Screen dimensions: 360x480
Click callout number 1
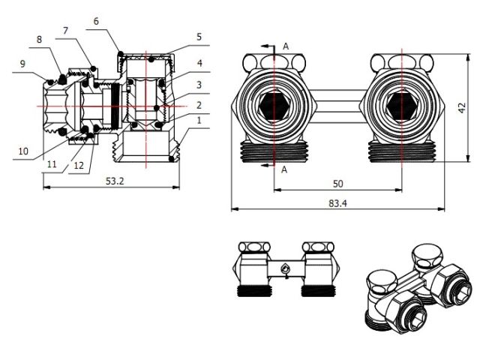pyautogui.click(x=199, y=120)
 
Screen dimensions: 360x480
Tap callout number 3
pyautogui.click(x=199, y=84)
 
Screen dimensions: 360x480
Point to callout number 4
pyautogui.click(x=199, y=63)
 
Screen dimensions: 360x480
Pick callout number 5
pyautogui.click(x=199, y=37)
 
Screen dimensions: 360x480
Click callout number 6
pyautogui.click(x=95, y=22)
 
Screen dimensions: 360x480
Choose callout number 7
pyautogui.click(x=65, y=30)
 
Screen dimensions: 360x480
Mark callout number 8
pyautogui.click(x=39, y=39)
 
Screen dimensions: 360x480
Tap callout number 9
pyautogui.click(x=22, y=64)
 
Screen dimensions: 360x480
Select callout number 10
pyautogui.click(x=22, y=151)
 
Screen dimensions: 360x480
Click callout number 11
pyautogui.click(x=51, y=163)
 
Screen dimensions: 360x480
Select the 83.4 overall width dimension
pyautogui.click(x=335, y=202)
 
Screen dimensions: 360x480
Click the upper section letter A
pyautogui.click(x=285, y=46)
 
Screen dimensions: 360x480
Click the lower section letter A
pyautogui.click(x=285, y=170)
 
